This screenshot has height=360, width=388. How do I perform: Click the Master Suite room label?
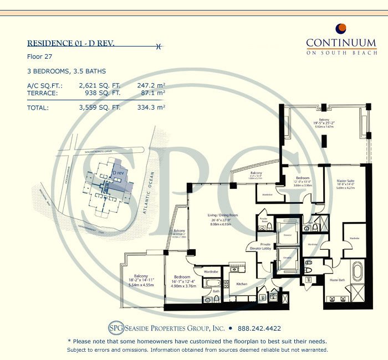tap(348, 181)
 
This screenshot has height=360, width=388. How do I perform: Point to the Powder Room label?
tap(264, 220)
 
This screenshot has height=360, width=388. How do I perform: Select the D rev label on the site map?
tap(118, 173)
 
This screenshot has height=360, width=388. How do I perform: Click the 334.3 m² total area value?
tap(151, 108)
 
